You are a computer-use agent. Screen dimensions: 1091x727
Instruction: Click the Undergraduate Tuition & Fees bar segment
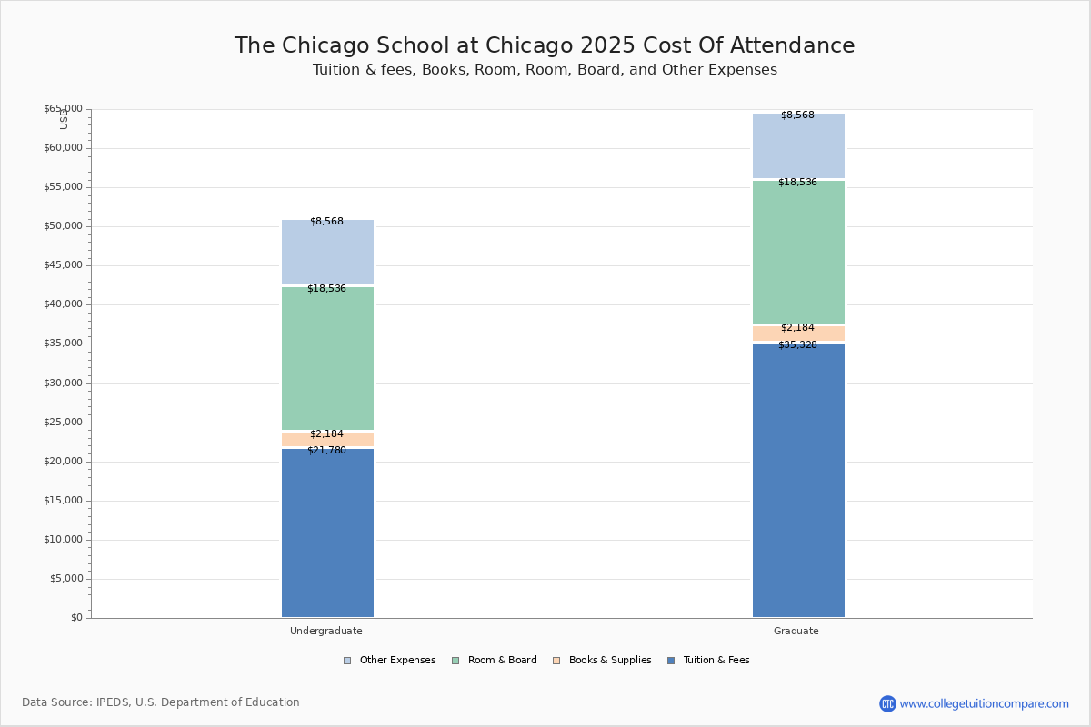(328, 533)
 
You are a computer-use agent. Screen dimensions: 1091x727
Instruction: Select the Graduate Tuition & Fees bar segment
(798, 480)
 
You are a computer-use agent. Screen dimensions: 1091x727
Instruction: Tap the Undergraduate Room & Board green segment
(328, 358)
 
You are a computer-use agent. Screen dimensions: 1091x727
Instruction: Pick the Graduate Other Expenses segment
(798, 145)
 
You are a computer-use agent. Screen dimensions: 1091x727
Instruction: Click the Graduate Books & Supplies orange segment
(798, 334)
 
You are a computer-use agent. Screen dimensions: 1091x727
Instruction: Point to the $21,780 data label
(326, 451)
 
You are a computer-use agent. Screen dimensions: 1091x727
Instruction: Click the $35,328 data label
(797, 345)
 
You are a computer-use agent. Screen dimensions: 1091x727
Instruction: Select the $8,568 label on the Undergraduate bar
(326, 222)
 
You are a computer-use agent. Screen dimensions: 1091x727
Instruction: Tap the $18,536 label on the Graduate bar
(797, 183)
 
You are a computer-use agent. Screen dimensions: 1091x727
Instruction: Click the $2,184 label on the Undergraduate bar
(326, 433)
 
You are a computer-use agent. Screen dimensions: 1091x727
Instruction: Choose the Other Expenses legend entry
(390, 661)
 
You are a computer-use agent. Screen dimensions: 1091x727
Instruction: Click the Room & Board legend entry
(495, 661)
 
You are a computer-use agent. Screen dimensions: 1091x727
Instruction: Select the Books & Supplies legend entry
(602, 661)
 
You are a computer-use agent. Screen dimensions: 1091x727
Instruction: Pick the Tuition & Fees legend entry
(708, 661)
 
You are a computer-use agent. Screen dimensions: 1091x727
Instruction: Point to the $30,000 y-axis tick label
(64, 383)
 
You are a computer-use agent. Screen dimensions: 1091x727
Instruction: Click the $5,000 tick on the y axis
(66, 579)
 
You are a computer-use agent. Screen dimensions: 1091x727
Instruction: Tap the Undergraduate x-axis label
(326, 631)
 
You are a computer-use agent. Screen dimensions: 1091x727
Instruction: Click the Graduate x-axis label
(796, 631)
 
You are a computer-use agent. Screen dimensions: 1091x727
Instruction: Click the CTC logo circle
(887, 703)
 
